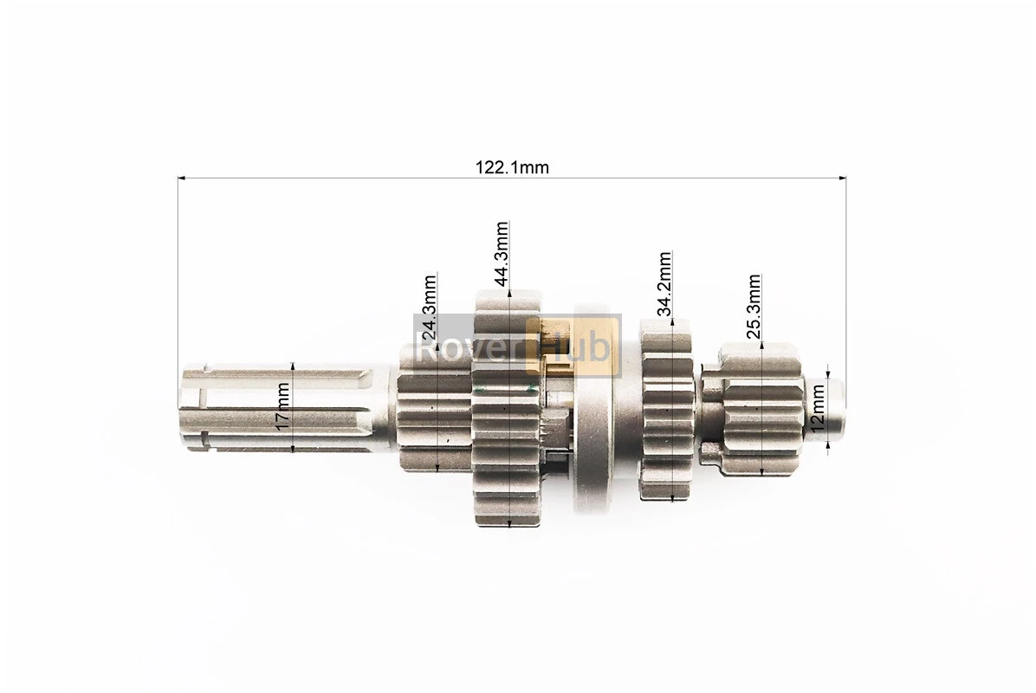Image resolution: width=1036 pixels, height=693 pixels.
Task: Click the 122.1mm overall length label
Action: [512, 167]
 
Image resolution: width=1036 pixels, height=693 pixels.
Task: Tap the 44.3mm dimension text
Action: [502, 254]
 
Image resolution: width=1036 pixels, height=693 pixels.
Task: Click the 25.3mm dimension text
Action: [754, 307]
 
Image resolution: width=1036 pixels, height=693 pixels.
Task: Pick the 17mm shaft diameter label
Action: [282, 406]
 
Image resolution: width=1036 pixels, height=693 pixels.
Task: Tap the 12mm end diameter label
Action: [818, 410]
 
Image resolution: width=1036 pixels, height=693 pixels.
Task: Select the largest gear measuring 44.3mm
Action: [508, 408]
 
